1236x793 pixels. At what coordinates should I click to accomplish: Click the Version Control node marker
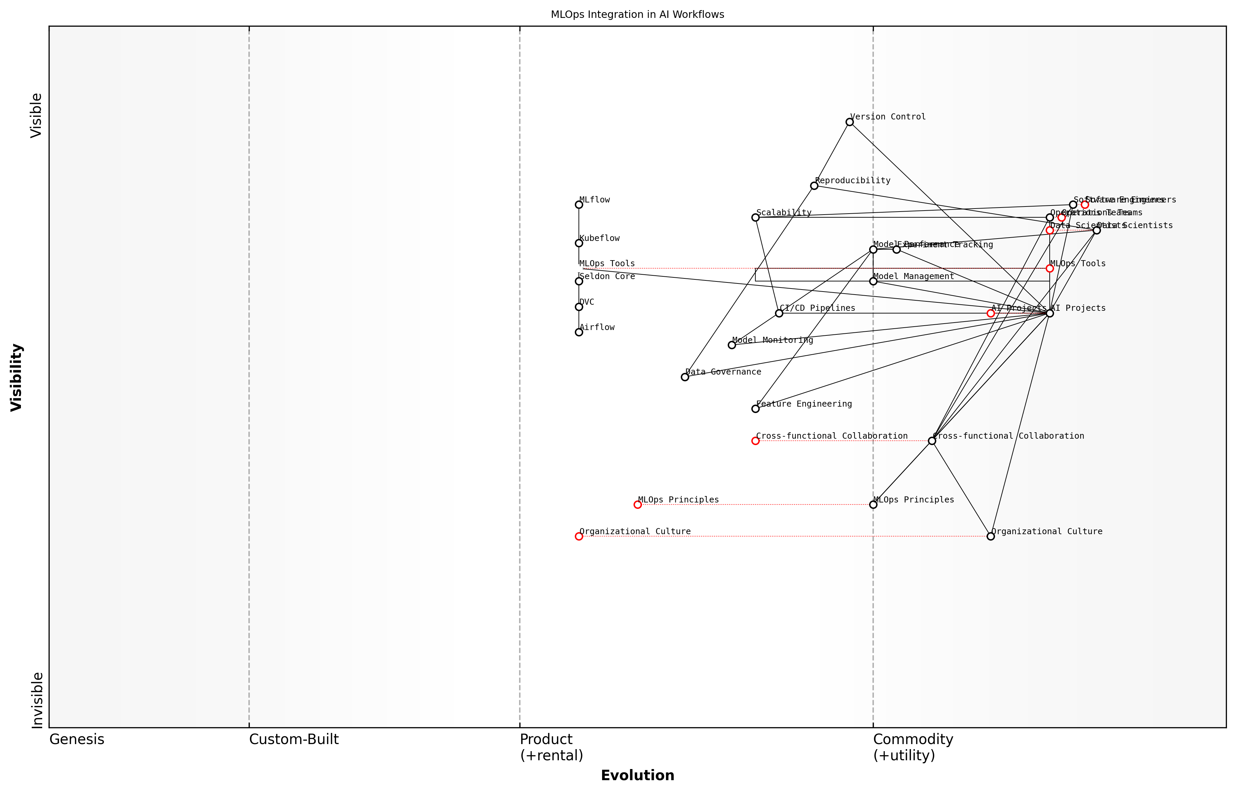[849, 122]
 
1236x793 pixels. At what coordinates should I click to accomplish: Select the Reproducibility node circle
[814, 186]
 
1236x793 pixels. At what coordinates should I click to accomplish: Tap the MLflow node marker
[579, 205]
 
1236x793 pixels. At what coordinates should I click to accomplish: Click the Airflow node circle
[579, 332]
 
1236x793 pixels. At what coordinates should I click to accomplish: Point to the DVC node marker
[579, 307]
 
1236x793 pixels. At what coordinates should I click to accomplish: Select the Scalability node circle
[755, 218]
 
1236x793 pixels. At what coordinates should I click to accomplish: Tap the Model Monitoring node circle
[732, 345]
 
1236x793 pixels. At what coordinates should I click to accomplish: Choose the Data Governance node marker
[685, 377]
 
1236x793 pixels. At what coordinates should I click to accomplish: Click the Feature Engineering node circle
[755, 409]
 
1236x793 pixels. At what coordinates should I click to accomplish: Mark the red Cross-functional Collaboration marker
[755, 441]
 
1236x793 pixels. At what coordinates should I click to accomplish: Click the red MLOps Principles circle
[638, 504]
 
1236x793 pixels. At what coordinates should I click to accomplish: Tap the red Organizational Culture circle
[579, 537]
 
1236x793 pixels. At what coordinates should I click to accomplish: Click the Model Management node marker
[873, 281]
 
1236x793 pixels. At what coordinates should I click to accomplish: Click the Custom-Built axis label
[294, 739]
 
